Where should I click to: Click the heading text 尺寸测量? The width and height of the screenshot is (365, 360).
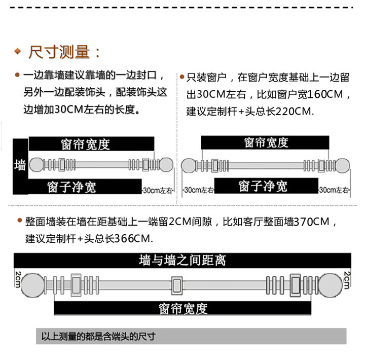click(64, 52)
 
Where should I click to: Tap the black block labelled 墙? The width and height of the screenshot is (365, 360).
click(20, 165)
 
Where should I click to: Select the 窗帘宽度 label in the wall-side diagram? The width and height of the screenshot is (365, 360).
click(91, 144)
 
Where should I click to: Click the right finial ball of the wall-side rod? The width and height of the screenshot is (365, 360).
click(167, 165)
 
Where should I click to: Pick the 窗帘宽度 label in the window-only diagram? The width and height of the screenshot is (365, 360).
click(266, 142)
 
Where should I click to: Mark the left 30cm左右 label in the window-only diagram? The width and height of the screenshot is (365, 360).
click(199, 190)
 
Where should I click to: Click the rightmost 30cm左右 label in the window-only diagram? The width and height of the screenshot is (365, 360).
click(335, 190)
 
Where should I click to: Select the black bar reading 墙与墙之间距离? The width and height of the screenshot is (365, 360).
click(182, 261)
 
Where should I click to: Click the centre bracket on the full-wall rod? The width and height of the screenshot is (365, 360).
click(177, 285)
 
